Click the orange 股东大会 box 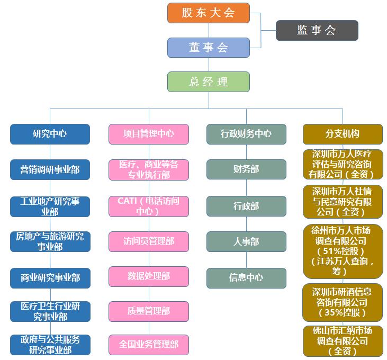208,13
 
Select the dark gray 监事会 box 317,30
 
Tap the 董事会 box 208,48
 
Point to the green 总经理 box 208,82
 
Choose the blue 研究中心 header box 50,134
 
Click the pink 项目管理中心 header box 149,134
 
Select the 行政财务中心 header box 246,134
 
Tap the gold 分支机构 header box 343,134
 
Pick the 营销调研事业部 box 50,169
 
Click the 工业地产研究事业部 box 50,206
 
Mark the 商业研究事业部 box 50,277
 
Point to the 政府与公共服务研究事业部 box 50,345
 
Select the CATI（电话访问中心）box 149,206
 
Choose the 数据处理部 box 149,276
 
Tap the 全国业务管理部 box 149,345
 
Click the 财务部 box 246,169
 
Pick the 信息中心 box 246,277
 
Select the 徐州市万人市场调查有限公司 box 343,251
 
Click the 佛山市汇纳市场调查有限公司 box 343,340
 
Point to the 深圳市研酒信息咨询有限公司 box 343,302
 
